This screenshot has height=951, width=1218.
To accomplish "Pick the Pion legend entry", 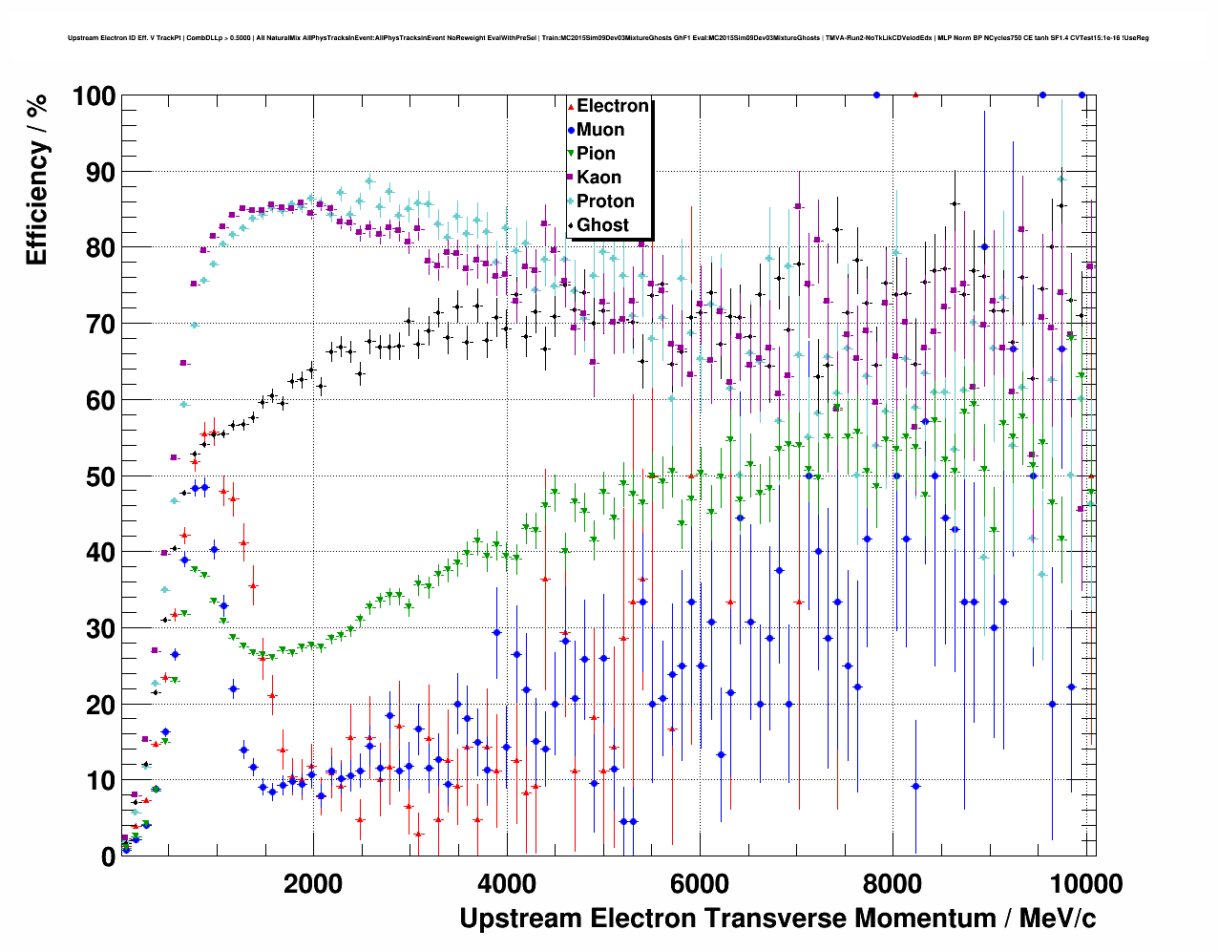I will click(x=596, y=154).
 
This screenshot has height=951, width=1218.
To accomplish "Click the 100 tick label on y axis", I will click(x=93, y=96).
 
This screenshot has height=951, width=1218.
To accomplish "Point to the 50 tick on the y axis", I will click(x=100, y=476).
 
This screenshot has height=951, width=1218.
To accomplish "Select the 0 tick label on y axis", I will click(x=108, y=856).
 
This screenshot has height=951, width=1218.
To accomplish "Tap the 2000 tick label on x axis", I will click(x=313, y=883).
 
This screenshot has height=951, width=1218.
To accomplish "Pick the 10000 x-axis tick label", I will click(x=1085, y=883).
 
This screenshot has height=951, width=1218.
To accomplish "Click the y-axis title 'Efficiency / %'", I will click(x=36, y=179).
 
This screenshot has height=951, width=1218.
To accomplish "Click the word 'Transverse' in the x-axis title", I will click(x=775, y=919).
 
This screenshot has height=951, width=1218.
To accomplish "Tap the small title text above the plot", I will click(x=608, y=38).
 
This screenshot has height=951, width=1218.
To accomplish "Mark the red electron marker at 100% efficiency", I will click(x=915, y=95).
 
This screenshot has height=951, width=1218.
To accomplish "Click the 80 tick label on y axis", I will click(x=100, y=248).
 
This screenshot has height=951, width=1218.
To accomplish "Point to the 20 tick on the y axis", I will click(x=100, y=705).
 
